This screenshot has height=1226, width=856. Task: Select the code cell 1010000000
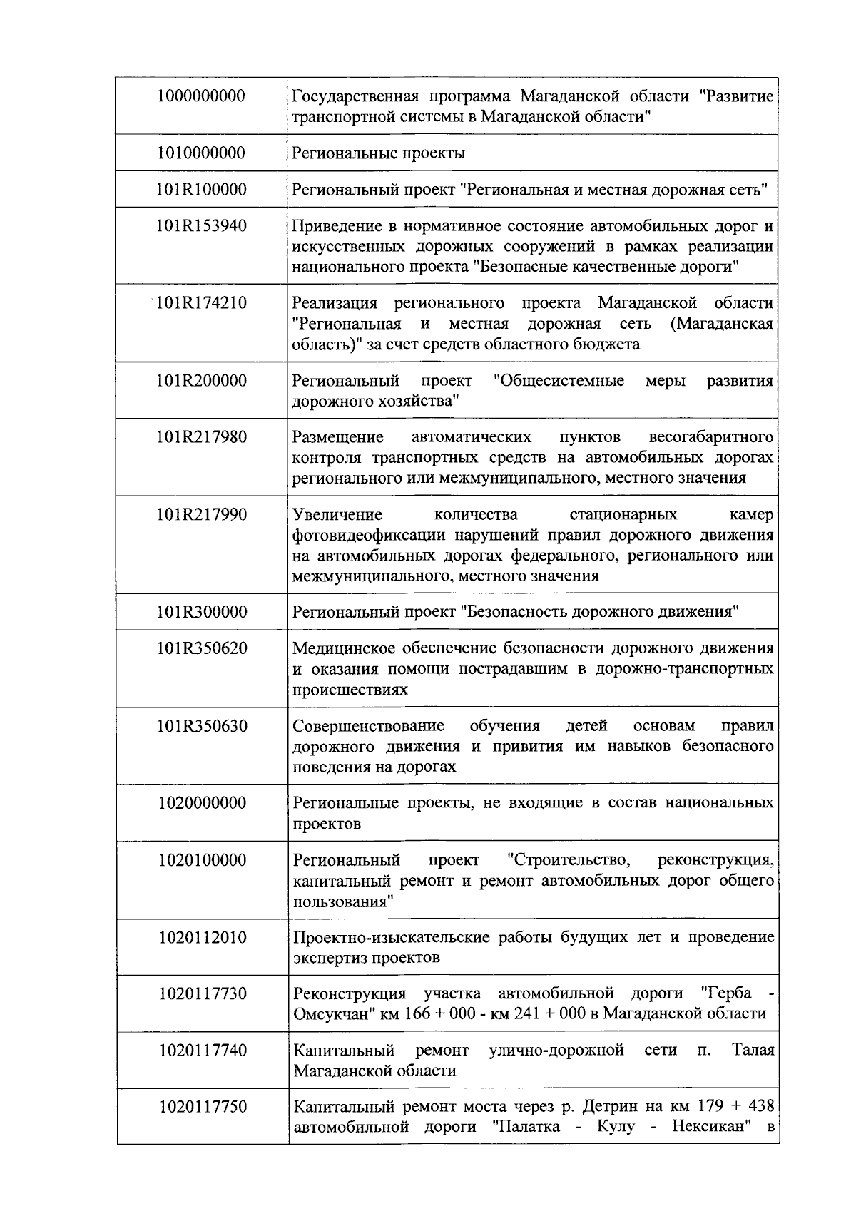202,153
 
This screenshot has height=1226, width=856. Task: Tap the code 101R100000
202,189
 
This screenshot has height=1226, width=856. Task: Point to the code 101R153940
202,226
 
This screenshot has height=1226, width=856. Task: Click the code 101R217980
202,437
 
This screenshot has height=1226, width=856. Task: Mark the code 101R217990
202,514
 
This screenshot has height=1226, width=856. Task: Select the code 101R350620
202,648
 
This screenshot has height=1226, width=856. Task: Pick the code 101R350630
202,726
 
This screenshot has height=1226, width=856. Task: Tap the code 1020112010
203,937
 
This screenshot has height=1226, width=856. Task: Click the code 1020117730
203,993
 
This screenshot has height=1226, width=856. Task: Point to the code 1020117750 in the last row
203,1106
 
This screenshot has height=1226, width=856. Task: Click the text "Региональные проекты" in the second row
379,153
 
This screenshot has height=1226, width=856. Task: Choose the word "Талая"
753,1051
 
